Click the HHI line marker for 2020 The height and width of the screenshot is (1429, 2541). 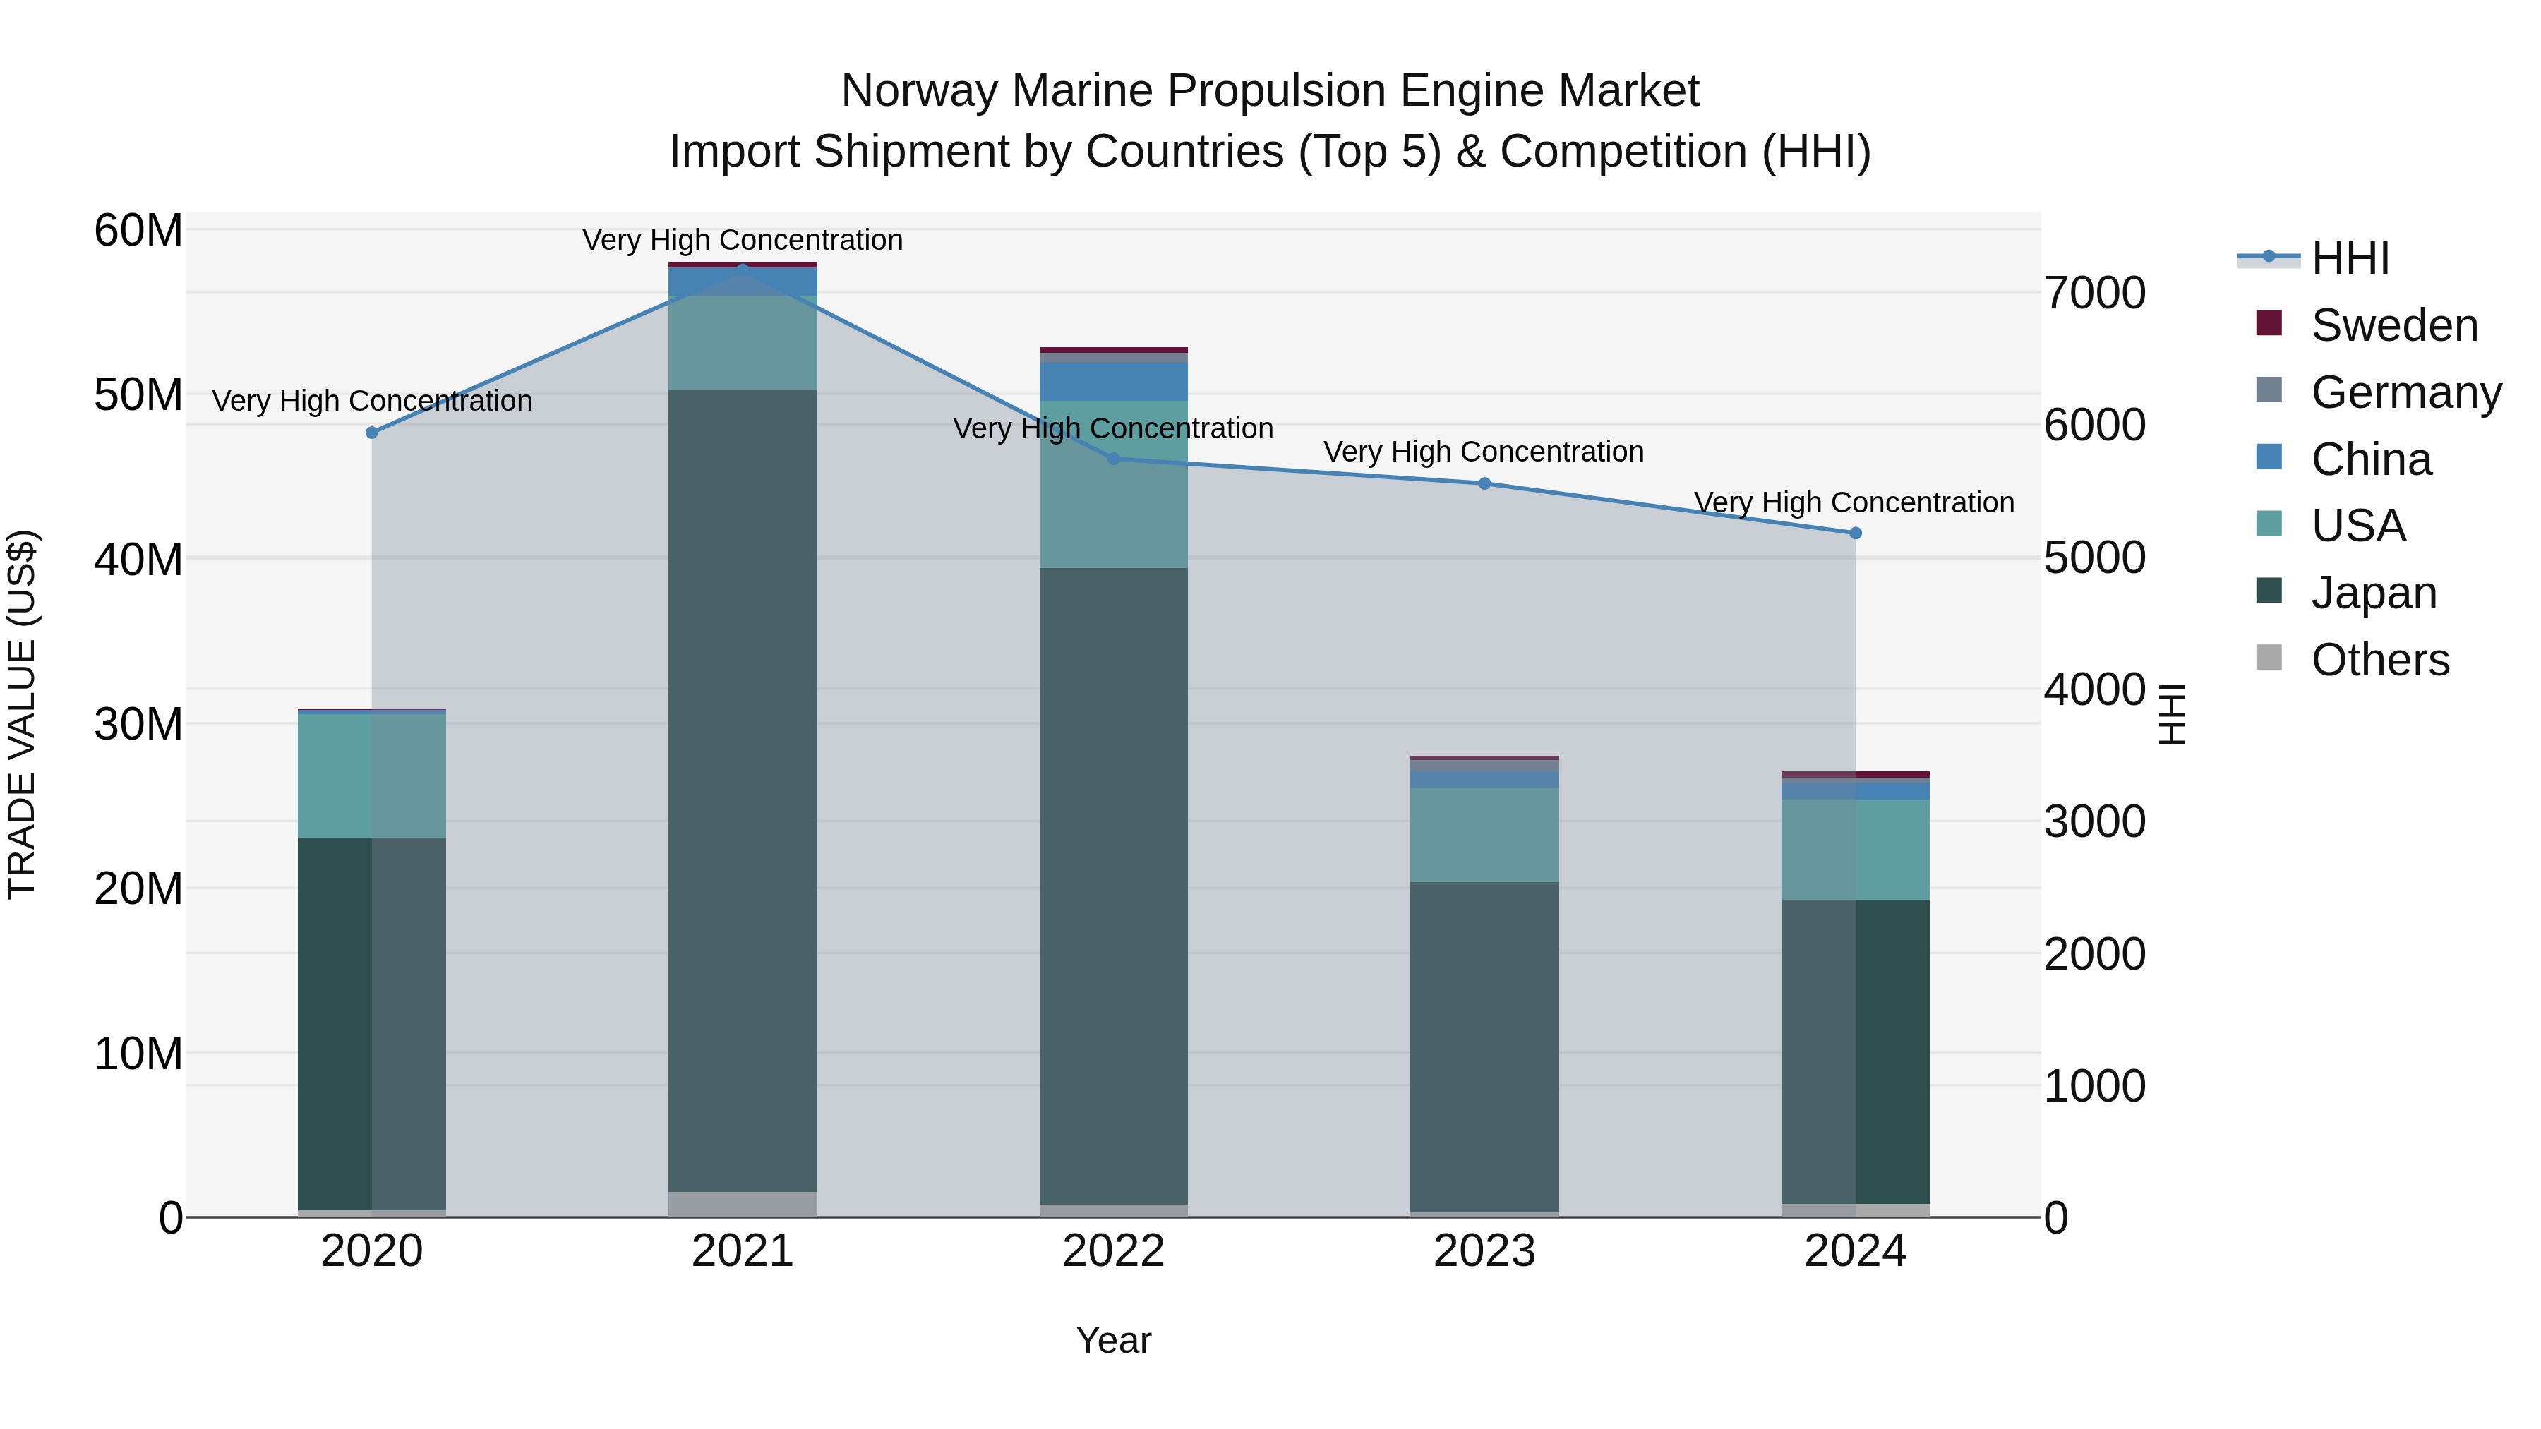coord(372,433)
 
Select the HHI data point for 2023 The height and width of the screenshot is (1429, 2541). coord(1484,483)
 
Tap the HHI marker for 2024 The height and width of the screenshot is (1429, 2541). coord(1856,533)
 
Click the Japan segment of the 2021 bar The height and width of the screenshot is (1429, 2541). coord(743,789)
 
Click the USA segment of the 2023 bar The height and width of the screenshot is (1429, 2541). coord(1484,834)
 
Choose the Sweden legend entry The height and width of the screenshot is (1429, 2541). coord(2394,325)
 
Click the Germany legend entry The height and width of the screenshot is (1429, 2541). coord(2405,392)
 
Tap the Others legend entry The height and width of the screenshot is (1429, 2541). coord(2379,660)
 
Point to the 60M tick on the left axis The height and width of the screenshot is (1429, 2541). coord(138,231)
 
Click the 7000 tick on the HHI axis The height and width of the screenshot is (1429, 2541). coord(2094,293)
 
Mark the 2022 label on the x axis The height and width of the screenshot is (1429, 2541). coord(1114,1250)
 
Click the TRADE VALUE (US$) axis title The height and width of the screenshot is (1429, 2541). coord(22,714)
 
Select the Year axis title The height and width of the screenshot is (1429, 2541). coord(1114,1340)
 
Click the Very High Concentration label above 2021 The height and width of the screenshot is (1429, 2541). coord(743,240)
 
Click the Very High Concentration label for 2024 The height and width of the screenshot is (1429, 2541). coord(1854,502)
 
